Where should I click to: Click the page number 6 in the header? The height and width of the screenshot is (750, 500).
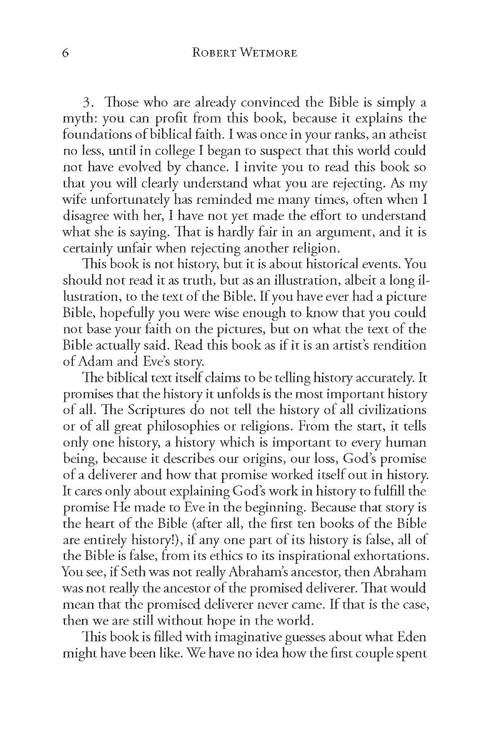[66, 53]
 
